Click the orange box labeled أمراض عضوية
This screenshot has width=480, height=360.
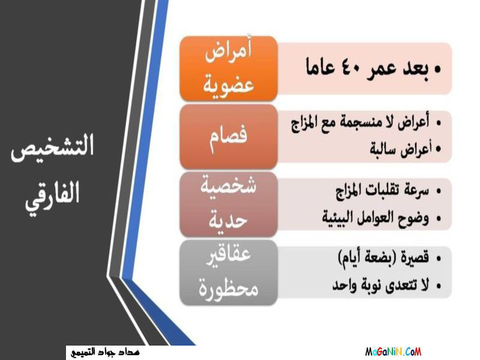coord(229,68)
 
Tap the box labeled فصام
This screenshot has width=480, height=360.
coord(229,137)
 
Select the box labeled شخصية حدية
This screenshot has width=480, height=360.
coord(229,204)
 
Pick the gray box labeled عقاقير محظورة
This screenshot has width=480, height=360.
coord(229,272)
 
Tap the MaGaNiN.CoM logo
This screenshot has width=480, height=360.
coord(393,352)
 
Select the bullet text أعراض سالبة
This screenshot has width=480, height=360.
coord(401,149)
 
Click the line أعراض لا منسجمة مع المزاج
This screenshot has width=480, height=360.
coord(360,123)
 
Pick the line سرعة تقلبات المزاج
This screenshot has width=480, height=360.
coord(382,191)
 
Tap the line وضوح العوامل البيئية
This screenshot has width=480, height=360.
coord(376,218)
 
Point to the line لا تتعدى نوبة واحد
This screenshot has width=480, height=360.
coord(381,286)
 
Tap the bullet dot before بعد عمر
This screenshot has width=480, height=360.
coord(438,69)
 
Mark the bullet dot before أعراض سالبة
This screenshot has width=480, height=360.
coord(439,149)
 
